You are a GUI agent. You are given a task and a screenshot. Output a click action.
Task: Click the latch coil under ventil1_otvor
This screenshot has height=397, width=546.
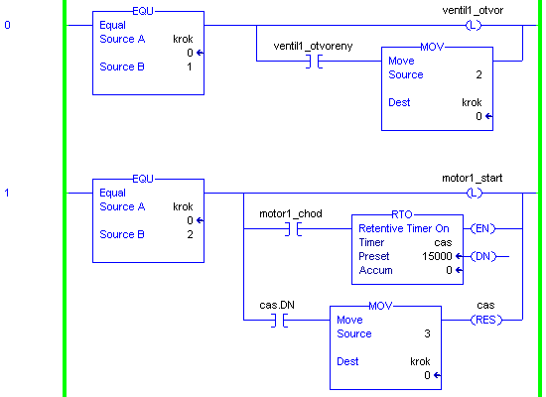coord(474,25)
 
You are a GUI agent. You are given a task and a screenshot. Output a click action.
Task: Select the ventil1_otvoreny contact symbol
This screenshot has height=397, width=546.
coord(314,62)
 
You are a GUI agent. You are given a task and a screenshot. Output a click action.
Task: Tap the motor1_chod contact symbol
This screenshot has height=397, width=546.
coord(293,229)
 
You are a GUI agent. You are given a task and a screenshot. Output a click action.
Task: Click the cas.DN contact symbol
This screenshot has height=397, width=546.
coord(279,320)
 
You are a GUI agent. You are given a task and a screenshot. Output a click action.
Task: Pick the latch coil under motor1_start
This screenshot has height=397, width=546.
coord(475,193)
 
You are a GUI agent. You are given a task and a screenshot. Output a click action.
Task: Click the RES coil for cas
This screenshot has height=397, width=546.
coord(486,320)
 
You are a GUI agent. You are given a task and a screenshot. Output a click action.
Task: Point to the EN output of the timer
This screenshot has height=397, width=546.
coord(482,229)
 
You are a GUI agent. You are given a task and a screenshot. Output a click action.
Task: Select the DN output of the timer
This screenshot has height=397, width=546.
coord(483,257)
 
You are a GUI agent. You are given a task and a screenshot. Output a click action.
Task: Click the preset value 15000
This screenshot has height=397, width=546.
coord(437,256)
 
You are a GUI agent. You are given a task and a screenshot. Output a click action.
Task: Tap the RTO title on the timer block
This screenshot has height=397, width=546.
coord(402,214)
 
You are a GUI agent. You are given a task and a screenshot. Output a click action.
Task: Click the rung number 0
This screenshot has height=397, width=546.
coord(7,25)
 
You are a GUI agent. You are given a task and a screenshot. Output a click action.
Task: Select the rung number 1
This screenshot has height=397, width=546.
coord(7,193)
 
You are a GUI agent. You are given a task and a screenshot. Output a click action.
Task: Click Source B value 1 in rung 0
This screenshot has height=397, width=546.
coord(190,66)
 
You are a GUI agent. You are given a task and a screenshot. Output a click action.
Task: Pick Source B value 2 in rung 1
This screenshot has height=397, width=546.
coord(190,234)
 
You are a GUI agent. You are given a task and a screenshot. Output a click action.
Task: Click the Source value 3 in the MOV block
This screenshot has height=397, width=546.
coord(427,333)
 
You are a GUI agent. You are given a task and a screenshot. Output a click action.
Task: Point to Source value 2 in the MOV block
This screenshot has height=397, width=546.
coord(478,74)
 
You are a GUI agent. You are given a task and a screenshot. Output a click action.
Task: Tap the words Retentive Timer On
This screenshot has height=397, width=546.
coord(404,228)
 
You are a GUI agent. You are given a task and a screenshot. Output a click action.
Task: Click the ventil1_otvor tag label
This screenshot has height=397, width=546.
coord(473,11)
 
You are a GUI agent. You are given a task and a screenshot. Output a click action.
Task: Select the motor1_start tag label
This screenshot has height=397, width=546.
coord(473,179)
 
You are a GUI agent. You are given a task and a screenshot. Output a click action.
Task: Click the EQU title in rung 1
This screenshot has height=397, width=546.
coord(143,179)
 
